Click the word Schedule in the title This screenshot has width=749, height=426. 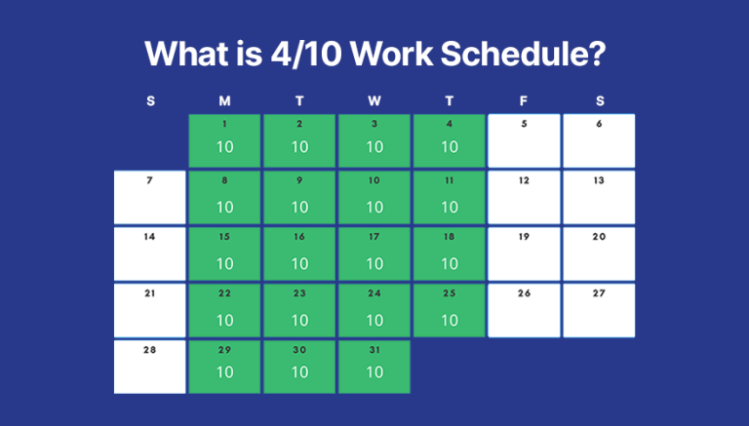[521, 53]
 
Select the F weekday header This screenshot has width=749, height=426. [524, 100]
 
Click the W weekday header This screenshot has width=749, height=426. [374, 100]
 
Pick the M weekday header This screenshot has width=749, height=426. [225, 100]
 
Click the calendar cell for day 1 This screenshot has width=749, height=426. [225, 140]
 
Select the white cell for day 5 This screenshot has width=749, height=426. [524, 140]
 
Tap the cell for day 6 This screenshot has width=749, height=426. [599, 140]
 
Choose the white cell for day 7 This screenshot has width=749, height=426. [150, 197]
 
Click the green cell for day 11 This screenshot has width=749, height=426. [449, 197]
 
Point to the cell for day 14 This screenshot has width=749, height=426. [150, 253]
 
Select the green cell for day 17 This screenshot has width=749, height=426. [374, 253]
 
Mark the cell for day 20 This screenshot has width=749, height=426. [599, 253]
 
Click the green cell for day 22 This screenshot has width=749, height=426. [225, 310]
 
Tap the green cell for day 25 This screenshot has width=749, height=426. [449, 310]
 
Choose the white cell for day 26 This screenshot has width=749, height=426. [524, 310]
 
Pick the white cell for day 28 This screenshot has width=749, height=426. [150, 367]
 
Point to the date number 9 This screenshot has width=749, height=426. [299, 180]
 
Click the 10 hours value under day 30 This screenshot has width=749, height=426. [299, 372]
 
